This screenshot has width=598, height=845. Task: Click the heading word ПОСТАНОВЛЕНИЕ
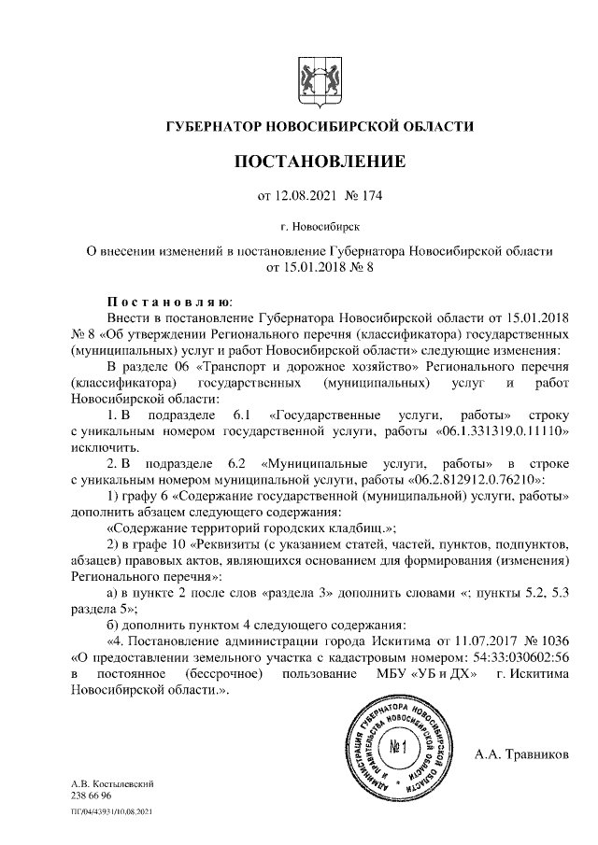(x=320, y=162)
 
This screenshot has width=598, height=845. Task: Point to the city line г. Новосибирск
(x=320, y=225)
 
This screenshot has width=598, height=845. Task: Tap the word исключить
(x=102, y=449)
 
